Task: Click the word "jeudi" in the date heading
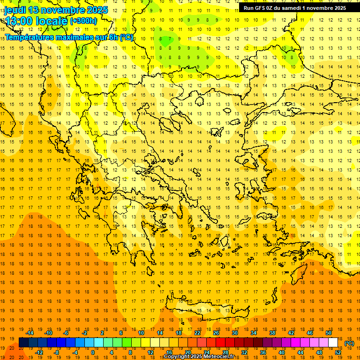pos(15,10)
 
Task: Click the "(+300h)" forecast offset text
pos(83,21)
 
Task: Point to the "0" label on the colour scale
pos(93,352)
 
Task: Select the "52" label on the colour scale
pos(338,352)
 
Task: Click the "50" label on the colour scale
pos(329,333)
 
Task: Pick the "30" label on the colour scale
pos(235,333)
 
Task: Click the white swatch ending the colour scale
pos(333,342)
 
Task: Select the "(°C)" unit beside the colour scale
pos(349,343)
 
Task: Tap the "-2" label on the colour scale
pos(84,333)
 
